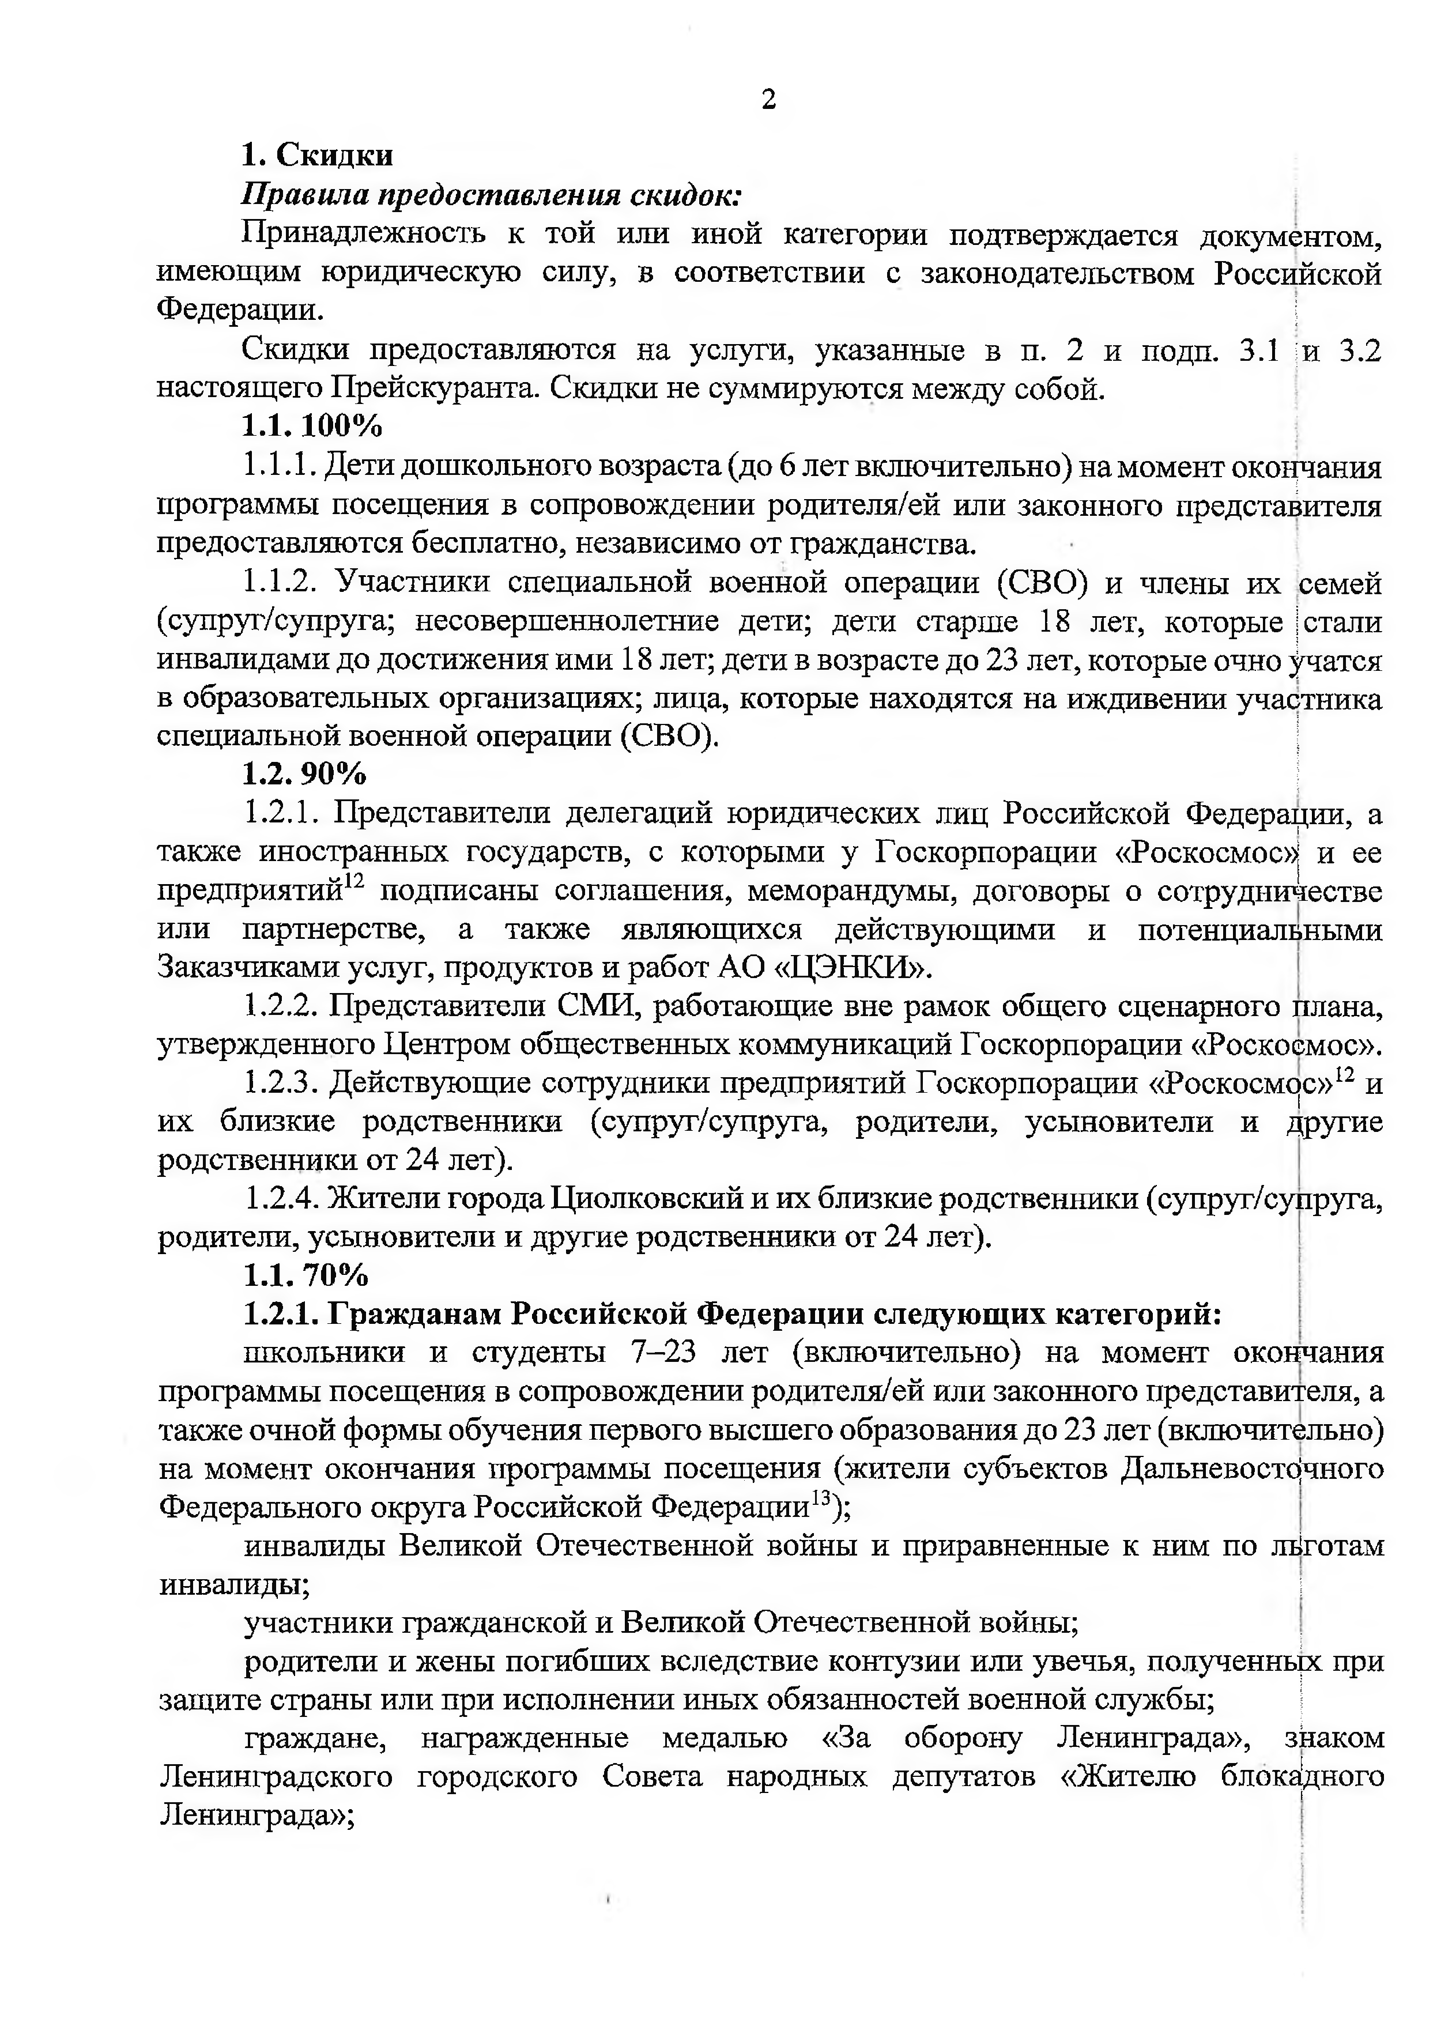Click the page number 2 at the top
pyautogui.click(x=768, y=100)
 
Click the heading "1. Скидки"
pyautogui.click(x=318, y=155)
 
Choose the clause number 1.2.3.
pyautogui.click(x=281, y=1083)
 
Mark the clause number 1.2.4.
pyautogui.click(x=281, y=1199)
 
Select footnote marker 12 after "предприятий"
pyautogui.click(x=354, y=883)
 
